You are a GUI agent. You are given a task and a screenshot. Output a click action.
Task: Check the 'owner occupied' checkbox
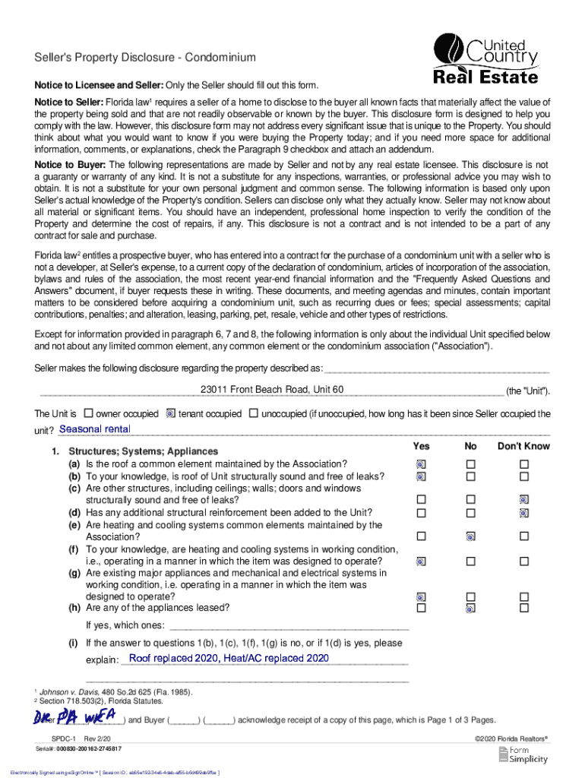point(88,414)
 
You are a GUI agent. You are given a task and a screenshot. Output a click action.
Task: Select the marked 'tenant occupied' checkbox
point(171,414)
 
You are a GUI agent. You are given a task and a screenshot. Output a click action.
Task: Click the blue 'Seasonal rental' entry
point(95,429)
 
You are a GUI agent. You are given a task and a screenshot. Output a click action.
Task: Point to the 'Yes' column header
point(421,446)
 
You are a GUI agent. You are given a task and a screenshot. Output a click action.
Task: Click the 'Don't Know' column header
point(523,446)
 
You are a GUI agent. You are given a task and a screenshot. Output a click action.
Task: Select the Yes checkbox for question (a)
point(421,464)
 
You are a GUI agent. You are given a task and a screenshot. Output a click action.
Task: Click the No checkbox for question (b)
point(471,476)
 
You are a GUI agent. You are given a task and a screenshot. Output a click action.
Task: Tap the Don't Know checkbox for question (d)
point(523,513)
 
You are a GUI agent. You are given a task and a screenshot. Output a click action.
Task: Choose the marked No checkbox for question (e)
point(471,536)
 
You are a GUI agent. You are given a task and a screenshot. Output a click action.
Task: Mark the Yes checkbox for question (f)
point(421,561)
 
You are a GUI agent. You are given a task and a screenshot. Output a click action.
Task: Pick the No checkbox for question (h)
point(471,609)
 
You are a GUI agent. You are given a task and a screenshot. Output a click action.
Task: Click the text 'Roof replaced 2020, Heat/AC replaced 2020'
point(229,658)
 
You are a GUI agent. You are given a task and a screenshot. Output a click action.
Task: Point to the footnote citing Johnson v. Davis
point(114,692)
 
